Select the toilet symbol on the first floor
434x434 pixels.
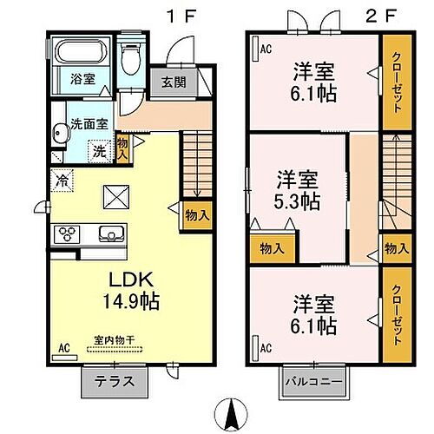131,60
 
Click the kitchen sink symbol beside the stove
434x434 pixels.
110,234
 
